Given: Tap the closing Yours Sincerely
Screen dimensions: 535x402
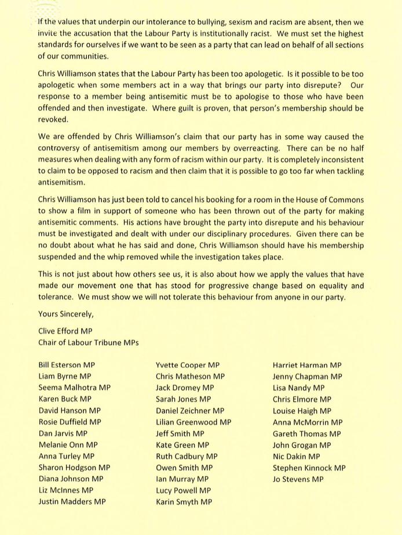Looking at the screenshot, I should point(65,314).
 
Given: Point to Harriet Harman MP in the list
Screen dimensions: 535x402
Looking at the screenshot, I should point(307,366).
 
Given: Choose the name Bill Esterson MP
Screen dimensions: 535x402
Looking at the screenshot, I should point(67,366).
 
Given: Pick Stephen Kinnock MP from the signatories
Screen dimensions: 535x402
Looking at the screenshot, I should point(309,468).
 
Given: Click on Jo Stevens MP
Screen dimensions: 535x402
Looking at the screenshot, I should point(298,479).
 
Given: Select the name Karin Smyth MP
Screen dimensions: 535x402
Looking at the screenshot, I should point(184,502).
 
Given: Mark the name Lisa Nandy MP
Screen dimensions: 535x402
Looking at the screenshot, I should point(298,388).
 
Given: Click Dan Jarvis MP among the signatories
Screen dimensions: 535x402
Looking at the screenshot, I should point(63,433).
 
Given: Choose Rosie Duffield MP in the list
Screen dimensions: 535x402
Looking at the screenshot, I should point(70,422).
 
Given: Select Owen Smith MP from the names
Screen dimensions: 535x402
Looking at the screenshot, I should point(184,468).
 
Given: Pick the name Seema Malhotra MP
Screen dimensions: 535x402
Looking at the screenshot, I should point(74,388).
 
